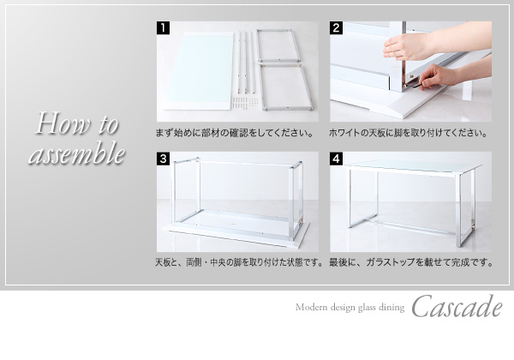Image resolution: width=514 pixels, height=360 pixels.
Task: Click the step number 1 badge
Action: [x=163, y=28]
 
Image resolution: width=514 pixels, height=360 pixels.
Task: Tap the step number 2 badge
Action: [x=336, y=28]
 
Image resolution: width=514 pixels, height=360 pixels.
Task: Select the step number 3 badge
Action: [x=163, y=159]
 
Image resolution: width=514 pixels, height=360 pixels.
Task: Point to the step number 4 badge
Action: [x=336, y=159]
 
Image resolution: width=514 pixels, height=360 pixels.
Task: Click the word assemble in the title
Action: [x=77, y=153]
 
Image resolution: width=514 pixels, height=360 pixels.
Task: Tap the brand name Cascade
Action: [x=457, y=307]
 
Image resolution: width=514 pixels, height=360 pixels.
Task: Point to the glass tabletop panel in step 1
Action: [x=199, y=71]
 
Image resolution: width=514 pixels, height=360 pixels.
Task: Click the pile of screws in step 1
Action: [x=244, y=102]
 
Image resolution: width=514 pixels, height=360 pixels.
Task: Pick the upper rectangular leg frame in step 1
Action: [x=278, y=46]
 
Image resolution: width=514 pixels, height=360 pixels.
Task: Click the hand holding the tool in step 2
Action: [x=438, y=76]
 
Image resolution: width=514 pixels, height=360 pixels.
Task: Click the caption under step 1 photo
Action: [x=235, y=133]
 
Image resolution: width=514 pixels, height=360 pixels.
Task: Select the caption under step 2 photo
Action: [x=408, y=133]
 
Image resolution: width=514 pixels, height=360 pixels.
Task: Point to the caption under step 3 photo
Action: [x=239, y=262]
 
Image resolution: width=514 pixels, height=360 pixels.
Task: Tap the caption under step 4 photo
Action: [x=411, y=262]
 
